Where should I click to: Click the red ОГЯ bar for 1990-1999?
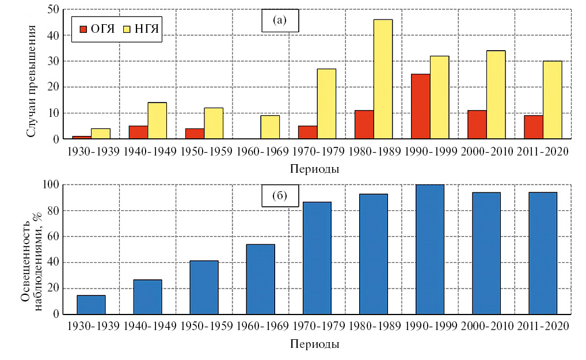click(420, 107)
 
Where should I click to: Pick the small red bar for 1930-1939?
click(82, 138)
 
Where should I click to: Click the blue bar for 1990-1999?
click(430, 249)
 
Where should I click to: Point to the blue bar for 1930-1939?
click(91, 305)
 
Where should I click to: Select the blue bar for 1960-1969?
click(261, 279)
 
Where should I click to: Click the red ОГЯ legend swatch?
click(83, 29)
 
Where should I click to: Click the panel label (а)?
click(279, 21)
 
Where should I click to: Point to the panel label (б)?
click(279, 196)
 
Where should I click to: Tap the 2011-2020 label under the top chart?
click(543, 153)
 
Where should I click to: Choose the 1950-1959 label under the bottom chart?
click(204, 327)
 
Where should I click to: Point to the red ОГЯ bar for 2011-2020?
click(533, 127)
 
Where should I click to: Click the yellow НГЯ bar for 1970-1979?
click(326, 104)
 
